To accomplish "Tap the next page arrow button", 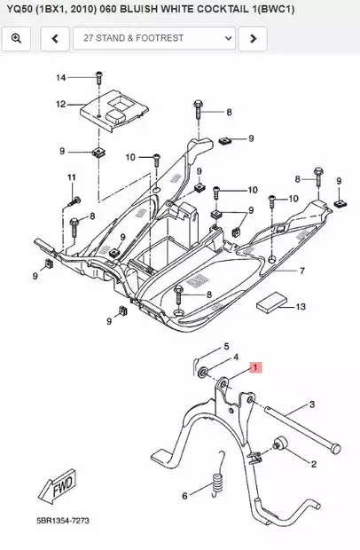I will coord(253,39).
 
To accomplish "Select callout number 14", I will coord(61,78).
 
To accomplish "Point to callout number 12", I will coord(61,105).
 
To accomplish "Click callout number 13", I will coord(301,307).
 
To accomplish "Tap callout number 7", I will coord(301,271).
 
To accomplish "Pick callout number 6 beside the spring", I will coord(184,496).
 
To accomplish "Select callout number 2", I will coord(313,463).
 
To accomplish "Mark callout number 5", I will coord(226,346).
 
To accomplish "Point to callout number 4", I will coord(237,358).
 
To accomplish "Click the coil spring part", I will coord(214,490).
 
